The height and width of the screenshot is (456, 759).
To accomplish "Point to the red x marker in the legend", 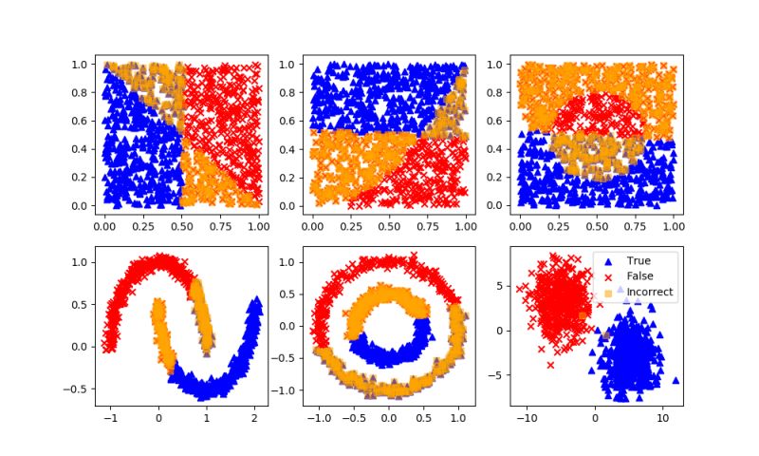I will [x=607, y=276].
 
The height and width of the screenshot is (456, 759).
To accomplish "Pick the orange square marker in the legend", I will [x=607, y=293].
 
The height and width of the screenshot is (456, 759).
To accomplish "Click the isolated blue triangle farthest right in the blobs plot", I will [x=676, y=380].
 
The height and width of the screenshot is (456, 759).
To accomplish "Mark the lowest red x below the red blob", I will [x=549, y=365].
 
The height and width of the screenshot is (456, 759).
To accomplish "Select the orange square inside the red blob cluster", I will [x=583, y=315].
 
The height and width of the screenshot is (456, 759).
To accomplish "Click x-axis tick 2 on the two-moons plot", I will [x=255, y=417].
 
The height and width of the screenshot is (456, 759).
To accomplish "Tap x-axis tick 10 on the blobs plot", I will [x=663, y=417].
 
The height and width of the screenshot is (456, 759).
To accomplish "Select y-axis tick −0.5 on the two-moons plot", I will [x=81, y=389].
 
